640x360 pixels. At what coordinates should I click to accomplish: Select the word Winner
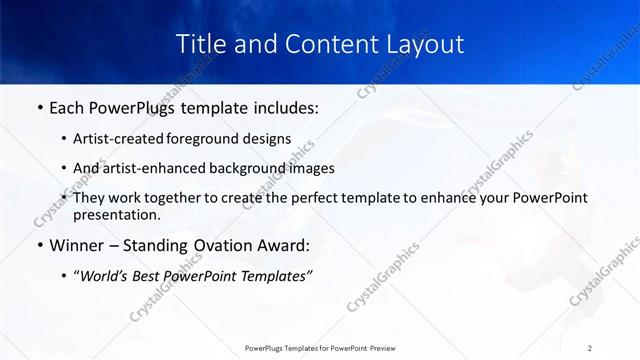click(76, 245)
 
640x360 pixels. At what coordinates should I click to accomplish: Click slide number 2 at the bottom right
click(590, 348)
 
